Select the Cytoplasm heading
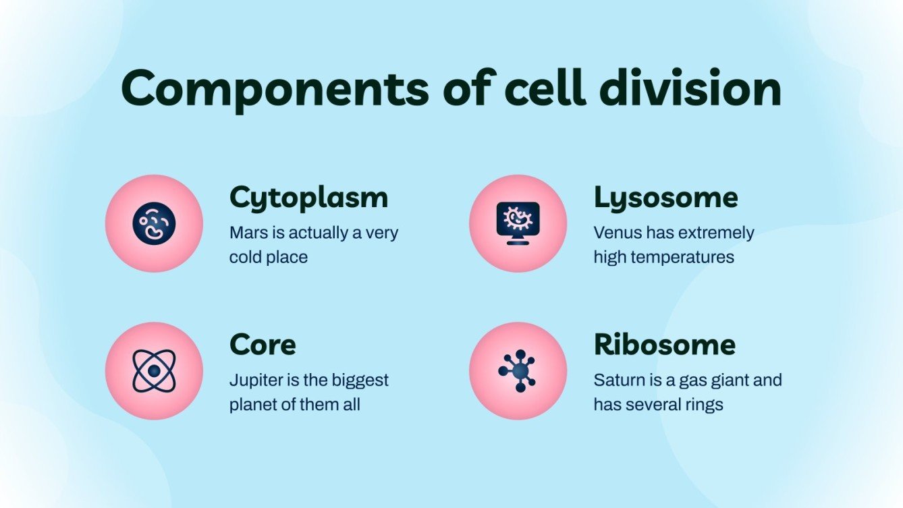point(309,198)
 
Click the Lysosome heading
point(665,198)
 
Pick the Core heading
point(263,345)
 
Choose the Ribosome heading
point(664,345)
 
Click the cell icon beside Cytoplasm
point(154,224)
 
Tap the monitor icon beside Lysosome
point(518,224)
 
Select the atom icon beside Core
point(154,370)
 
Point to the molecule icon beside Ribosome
point(518,370)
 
